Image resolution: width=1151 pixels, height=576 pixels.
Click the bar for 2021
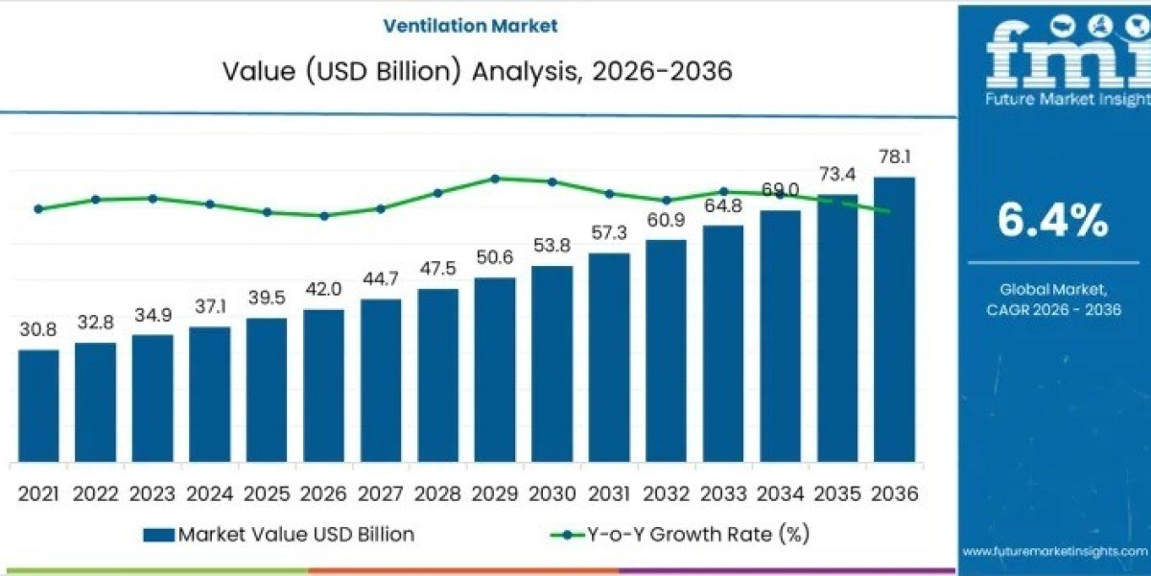click(x=38, y=407)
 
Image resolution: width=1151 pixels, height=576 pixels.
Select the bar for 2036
click(x=894, y=321)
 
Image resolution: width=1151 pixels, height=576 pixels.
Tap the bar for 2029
click(x=495, y=371)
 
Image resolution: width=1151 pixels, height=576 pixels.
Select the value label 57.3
click(x=609, y=233)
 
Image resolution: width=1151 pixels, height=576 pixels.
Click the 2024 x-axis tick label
click(x=209, y=493)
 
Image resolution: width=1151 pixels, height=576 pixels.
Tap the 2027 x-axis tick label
click(x=381, y=493)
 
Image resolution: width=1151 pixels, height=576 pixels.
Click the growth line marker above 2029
click(x=495, y=179)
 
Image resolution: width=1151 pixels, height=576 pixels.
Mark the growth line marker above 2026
click(x=324, y=216)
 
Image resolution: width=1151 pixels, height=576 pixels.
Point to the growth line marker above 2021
click(x=38, y=208)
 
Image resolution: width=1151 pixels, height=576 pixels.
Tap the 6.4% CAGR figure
click(x=1052, y=222)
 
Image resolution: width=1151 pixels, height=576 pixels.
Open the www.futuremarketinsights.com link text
click(x=1054, y=551)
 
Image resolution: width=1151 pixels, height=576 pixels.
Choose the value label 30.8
click(x=38, y=329)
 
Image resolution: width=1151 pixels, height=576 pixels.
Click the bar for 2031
click(x=609, y=359)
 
